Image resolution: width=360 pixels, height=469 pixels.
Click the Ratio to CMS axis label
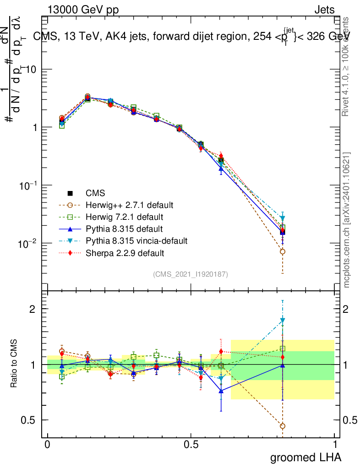(x=14, y=364)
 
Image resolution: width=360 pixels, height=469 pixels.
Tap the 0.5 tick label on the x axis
(x=191, y=445)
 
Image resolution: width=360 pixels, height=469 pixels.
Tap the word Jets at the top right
(x=324, y=10)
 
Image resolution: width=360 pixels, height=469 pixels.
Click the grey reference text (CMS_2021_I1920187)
(x=191, y=274)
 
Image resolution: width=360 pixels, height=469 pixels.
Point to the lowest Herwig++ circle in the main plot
(x=283, y=251)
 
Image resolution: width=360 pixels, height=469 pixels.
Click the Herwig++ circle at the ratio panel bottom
(x=283, y=426)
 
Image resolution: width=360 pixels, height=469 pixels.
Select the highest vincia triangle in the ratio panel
(x=283, y=320)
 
